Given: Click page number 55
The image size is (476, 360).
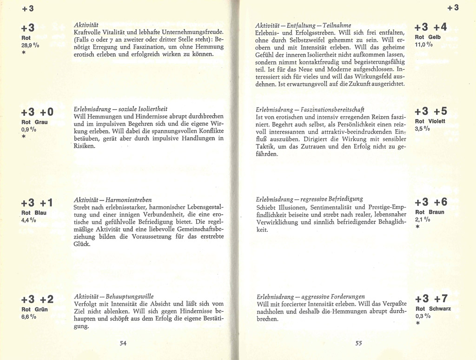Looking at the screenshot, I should coord(358,343).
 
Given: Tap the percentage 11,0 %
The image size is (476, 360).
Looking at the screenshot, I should coord(424,45).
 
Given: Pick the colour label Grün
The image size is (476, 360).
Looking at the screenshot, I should coord(40,309).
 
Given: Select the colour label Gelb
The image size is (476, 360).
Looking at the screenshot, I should coord(434,37).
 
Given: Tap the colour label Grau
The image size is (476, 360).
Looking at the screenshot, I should coord(41,122).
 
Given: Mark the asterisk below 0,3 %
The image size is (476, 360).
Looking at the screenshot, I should coord(418,324).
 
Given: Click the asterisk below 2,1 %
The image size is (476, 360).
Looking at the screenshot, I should coord(418,228).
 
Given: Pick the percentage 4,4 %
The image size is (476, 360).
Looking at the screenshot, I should coord(29,221).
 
